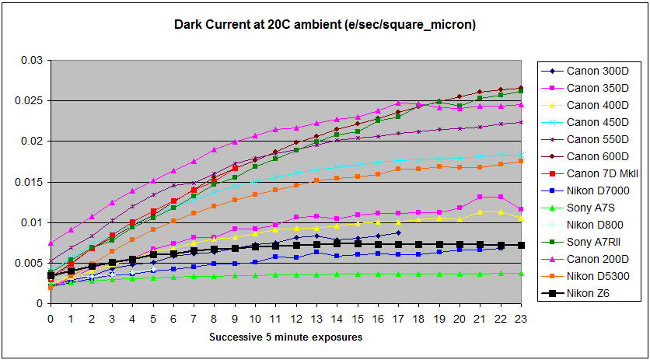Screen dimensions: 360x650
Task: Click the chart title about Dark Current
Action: pos(324,26)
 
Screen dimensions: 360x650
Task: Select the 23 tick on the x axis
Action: pos(520,318)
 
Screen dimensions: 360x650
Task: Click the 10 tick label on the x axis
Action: pos(254,318)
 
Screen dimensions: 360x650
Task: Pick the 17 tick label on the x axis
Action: pos(397,318)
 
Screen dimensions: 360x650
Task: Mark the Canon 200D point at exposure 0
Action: pos(51,243)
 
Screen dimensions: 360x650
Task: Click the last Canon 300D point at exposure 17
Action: pos(398,232)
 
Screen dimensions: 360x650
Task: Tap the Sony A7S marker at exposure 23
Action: pos(521,274)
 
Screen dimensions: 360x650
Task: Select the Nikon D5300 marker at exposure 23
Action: pos(521,161)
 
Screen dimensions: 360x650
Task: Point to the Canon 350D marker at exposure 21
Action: pos(480,197)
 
